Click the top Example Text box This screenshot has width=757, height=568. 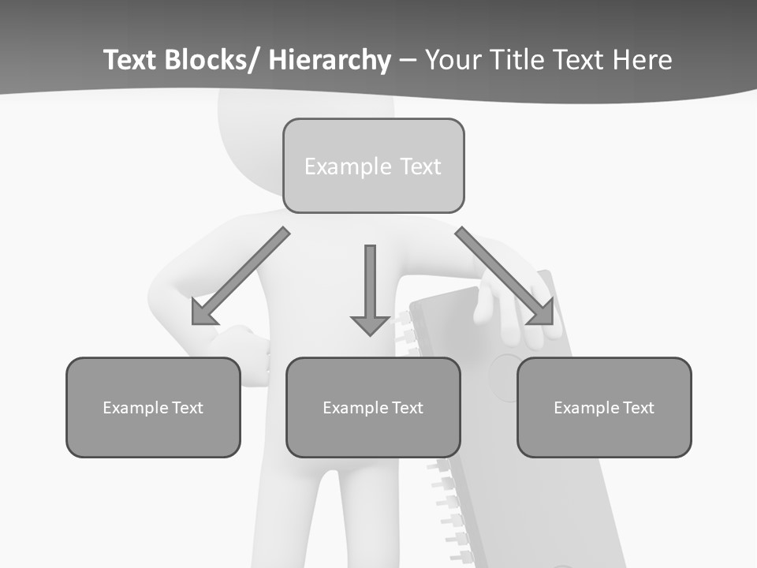click(x=373, y=166)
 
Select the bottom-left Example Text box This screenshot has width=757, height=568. click(x=153, y=407)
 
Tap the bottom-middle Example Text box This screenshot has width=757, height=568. click(x=373, y=407)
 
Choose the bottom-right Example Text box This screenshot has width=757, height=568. click(x=604, y=407)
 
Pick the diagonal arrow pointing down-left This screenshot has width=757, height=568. click(x=241, y=276)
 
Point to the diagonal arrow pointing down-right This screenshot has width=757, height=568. click(x=505, y=276)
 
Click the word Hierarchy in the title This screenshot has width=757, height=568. click(x=330, y=60)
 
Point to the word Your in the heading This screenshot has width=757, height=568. click(x=453, y=60)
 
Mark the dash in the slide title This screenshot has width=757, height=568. click(x=408, y=61)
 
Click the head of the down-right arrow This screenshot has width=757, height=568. click(x=541, y=312)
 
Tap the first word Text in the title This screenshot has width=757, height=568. click(x=131, y=60)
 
